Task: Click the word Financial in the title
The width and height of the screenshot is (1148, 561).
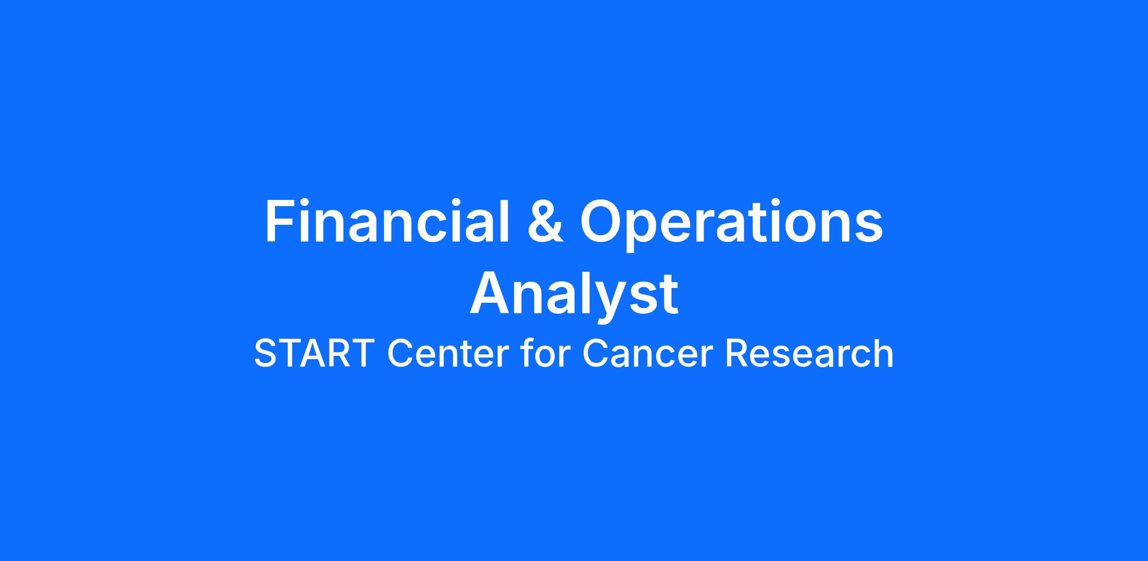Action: [x=387, y=220]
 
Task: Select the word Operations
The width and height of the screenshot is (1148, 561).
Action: [x=731, y=225]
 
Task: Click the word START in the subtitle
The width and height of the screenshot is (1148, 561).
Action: [x=314, y=353]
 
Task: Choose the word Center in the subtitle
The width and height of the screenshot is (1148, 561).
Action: [x=448, y=354]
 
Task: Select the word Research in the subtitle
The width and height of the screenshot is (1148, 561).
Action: [x=809, y=353]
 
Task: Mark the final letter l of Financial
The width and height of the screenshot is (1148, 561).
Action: [x=505, y=220]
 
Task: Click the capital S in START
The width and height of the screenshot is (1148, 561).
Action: [x=267, y=353]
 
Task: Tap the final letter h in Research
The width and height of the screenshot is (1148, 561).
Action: [x=883, y=352]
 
